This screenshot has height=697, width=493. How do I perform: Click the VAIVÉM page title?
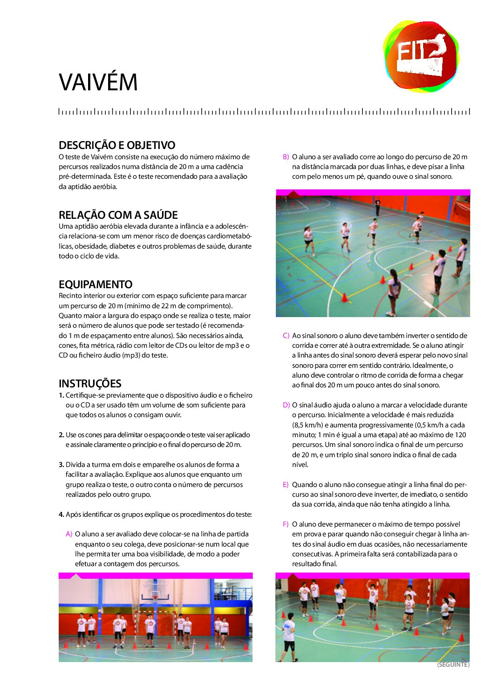98,82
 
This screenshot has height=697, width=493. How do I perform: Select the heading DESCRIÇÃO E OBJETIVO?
117,145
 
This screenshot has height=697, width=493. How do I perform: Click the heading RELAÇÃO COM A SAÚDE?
118,215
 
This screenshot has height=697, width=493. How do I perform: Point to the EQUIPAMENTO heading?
96,284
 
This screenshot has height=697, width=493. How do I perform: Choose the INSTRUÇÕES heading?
90,384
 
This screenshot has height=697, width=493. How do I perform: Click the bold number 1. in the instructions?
62,395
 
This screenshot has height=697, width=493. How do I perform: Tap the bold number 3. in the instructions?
62,465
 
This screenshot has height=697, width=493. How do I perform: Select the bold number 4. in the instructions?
62,514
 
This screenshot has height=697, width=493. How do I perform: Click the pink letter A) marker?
69,534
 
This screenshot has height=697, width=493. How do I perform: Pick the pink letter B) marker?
286,157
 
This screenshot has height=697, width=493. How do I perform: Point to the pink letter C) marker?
286,336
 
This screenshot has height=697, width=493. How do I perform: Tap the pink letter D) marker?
286,405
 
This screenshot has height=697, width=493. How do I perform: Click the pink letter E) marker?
286,485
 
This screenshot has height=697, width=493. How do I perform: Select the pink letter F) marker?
286,524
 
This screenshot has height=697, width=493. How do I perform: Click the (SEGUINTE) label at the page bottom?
453,665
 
